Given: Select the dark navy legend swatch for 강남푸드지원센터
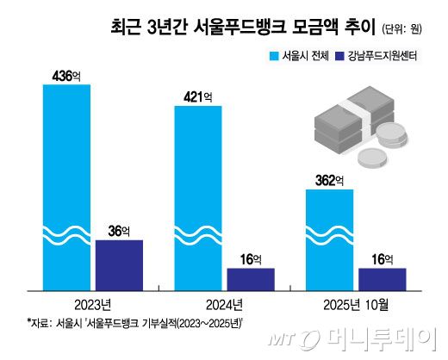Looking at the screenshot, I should pyautogui.click(x=342, y=58).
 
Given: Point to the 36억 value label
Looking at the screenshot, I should pyautogui.click(x=119, y=231).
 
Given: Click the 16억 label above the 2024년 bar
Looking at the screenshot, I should pyautogui.click(x=251, y=259).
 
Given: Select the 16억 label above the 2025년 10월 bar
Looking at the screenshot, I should pyautogui.click(x=382, y=259).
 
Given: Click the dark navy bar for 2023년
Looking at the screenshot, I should pyautogui.click(x=119, y=264).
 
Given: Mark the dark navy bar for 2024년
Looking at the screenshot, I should pyautogui.click(x=251, y=279).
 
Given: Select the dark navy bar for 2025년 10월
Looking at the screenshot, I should pyautogui.click(x=382, y=279).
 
